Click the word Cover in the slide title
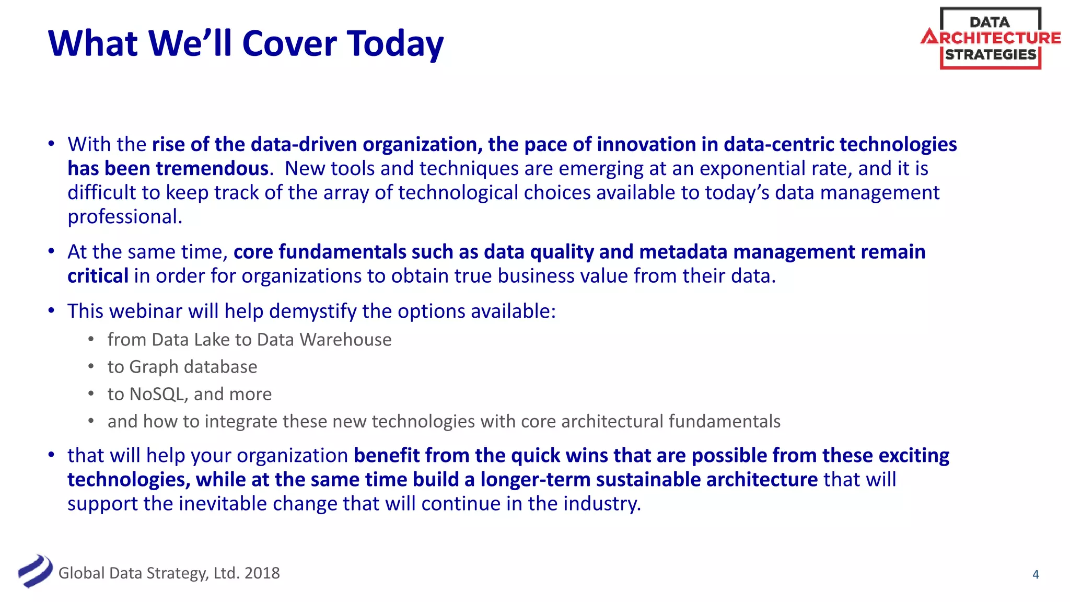tap(289, 43)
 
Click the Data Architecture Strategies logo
tap(991, 39)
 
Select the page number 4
tap(1036, 574)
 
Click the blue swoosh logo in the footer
tap(35, 571)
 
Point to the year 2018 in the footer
tap(262, 573)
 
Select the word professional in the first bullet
tap(124, 217)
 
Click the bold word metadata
tap(683, 252)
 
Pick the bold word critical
tap(98, 276)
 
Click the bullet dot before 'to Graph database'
tap(91, 367)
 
